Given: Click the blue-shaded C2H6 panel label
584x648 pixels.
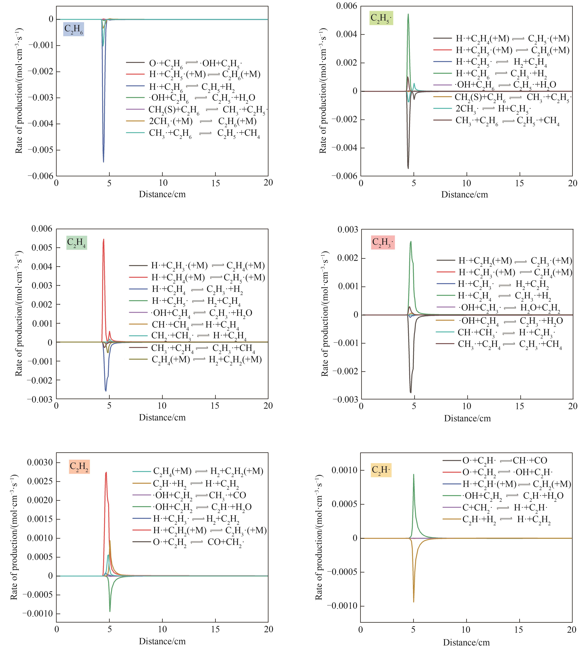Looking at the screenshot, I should point(73,29).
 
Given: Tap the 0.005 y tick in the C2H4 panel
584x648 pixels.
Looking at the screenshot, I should point(42,248).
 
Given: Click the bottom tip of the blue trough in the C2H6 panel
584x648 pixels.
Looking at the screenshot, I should point(103,162).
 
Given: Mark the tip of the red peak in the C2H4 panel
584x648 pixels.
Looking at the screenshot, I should point(104,239).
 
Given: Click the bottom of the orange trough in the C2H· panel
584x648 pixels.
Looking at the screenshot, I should point(414,602).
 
